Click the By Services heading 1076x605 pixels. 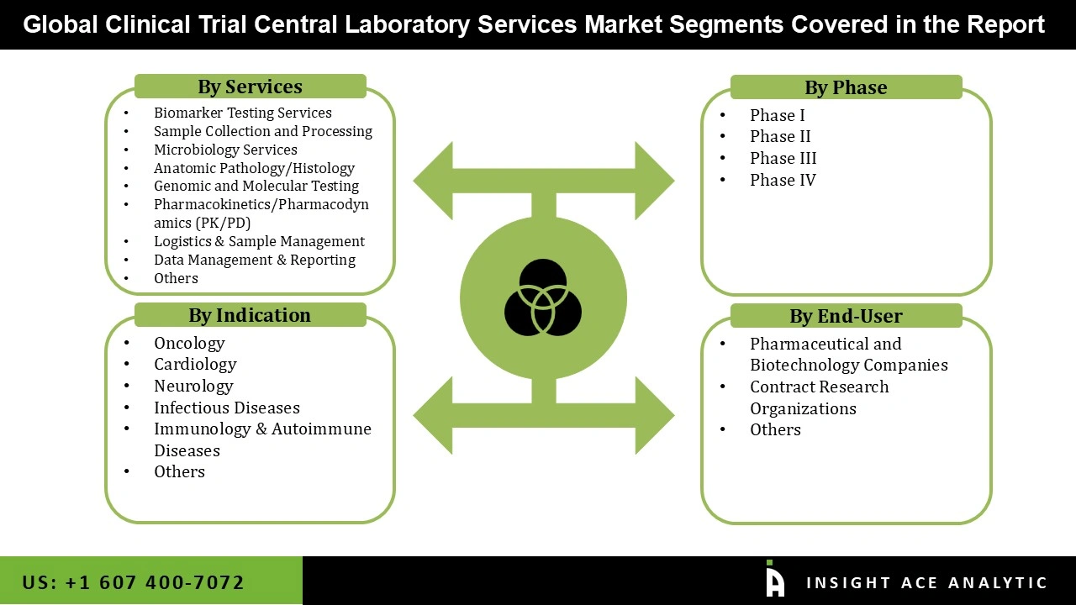[x=250, y=87]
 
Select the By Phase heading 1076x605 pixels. [x=846, y=87]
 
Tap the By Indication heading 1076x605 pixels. [x=250, y=315]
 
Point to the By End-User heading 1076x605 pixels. [x=846, y=316]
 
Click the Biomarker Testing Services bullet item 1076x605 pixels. [x=242, y=113]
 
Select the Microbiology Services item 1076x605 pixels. [x=225, y=150]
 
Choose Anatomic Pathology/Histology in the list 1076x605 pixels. [x=254, y=168]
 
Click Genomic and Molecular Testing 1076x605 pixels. [x=256, y=186]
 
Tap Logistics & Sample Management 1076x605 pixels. [x=259, y=241]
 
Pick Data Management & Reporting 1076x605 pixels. [x=254, y=260]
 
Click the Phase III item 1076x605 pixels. [x=783, y=158]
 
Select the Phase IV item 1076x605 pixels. [x=783, y=180]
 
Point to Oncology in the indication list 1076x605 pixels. [x=189, y=343]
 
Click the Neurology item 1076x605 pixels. [x=193, y=386]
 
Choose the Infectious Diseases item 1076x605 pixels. [x=226, y=408]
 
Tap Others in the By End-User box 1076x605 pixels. [x=775, y=429]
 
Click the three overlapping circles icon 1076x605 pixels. [x=543, y=297]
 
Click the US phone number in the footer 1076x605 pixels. [x=134, y=582]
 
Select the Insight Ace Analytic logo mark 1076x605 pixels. [x=775, y=580]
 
